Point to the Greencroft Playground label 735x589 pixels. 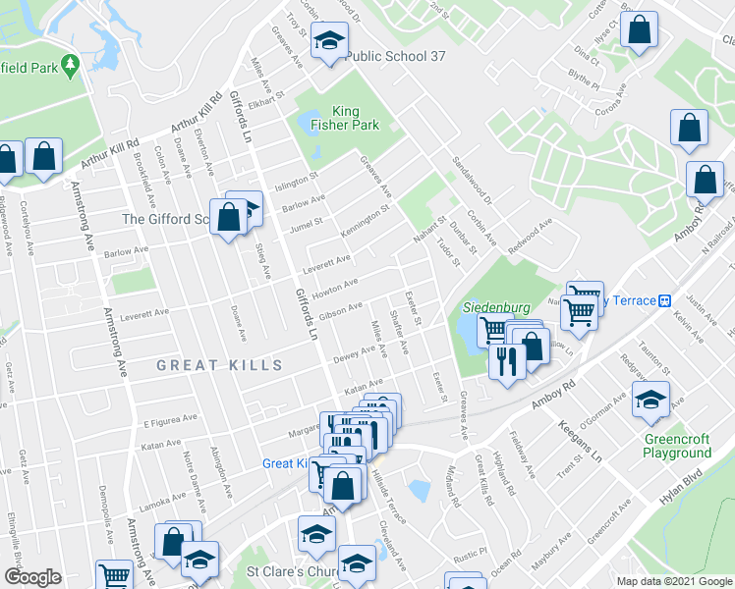coord(677,446)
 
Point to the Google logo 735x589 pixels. coord(31,577)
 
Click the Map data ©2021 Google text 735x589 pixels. coord(673,581)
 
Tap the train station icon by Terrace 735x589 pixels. coord(665,300)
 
